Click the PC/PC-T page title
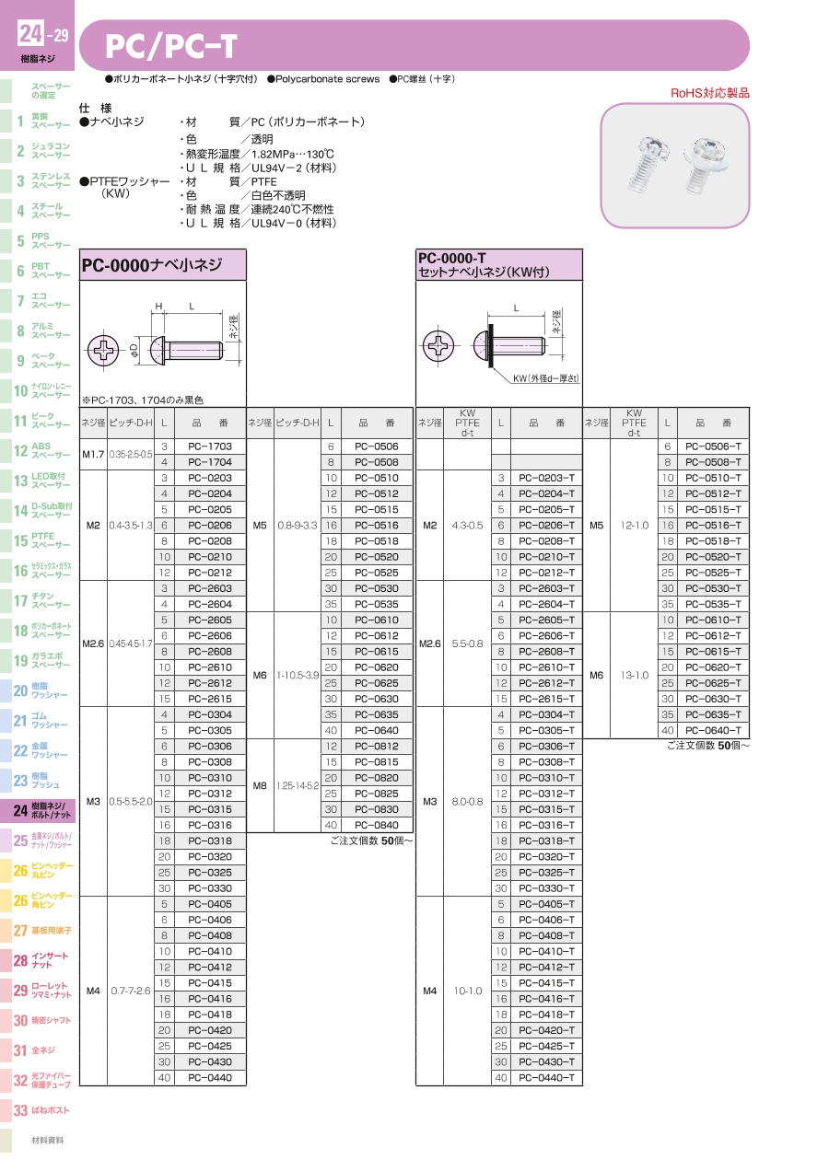(x=172, y=46)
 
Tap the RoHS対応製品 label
(x=709, y=93)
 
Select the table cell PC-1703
(x=210, y=446)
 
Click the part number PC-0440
(x=210, y=1077)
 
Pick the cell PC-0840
(x=377, y=825)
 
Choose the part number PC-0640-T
(x=713, y=730)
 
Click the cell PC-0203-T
(x=546, y=478)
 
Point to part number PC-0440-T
(x=546, y=1077)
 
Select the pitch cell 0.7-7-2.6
(x=131, y=991)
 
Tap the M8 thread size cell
(x=260, y=785)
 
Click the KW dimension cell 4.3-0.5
(x=467, y=526)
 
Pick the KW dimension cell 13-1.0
(x=634, y=675)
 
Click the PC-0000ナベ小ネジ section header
(x=153, y=265)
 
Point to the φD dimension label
(x=134, y=349)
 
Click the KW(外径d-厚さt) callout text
(x=546, y=378)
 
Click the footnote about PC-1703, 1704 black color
(x=142, y=400)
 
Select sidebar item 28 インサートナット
(x=41, y=960)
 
